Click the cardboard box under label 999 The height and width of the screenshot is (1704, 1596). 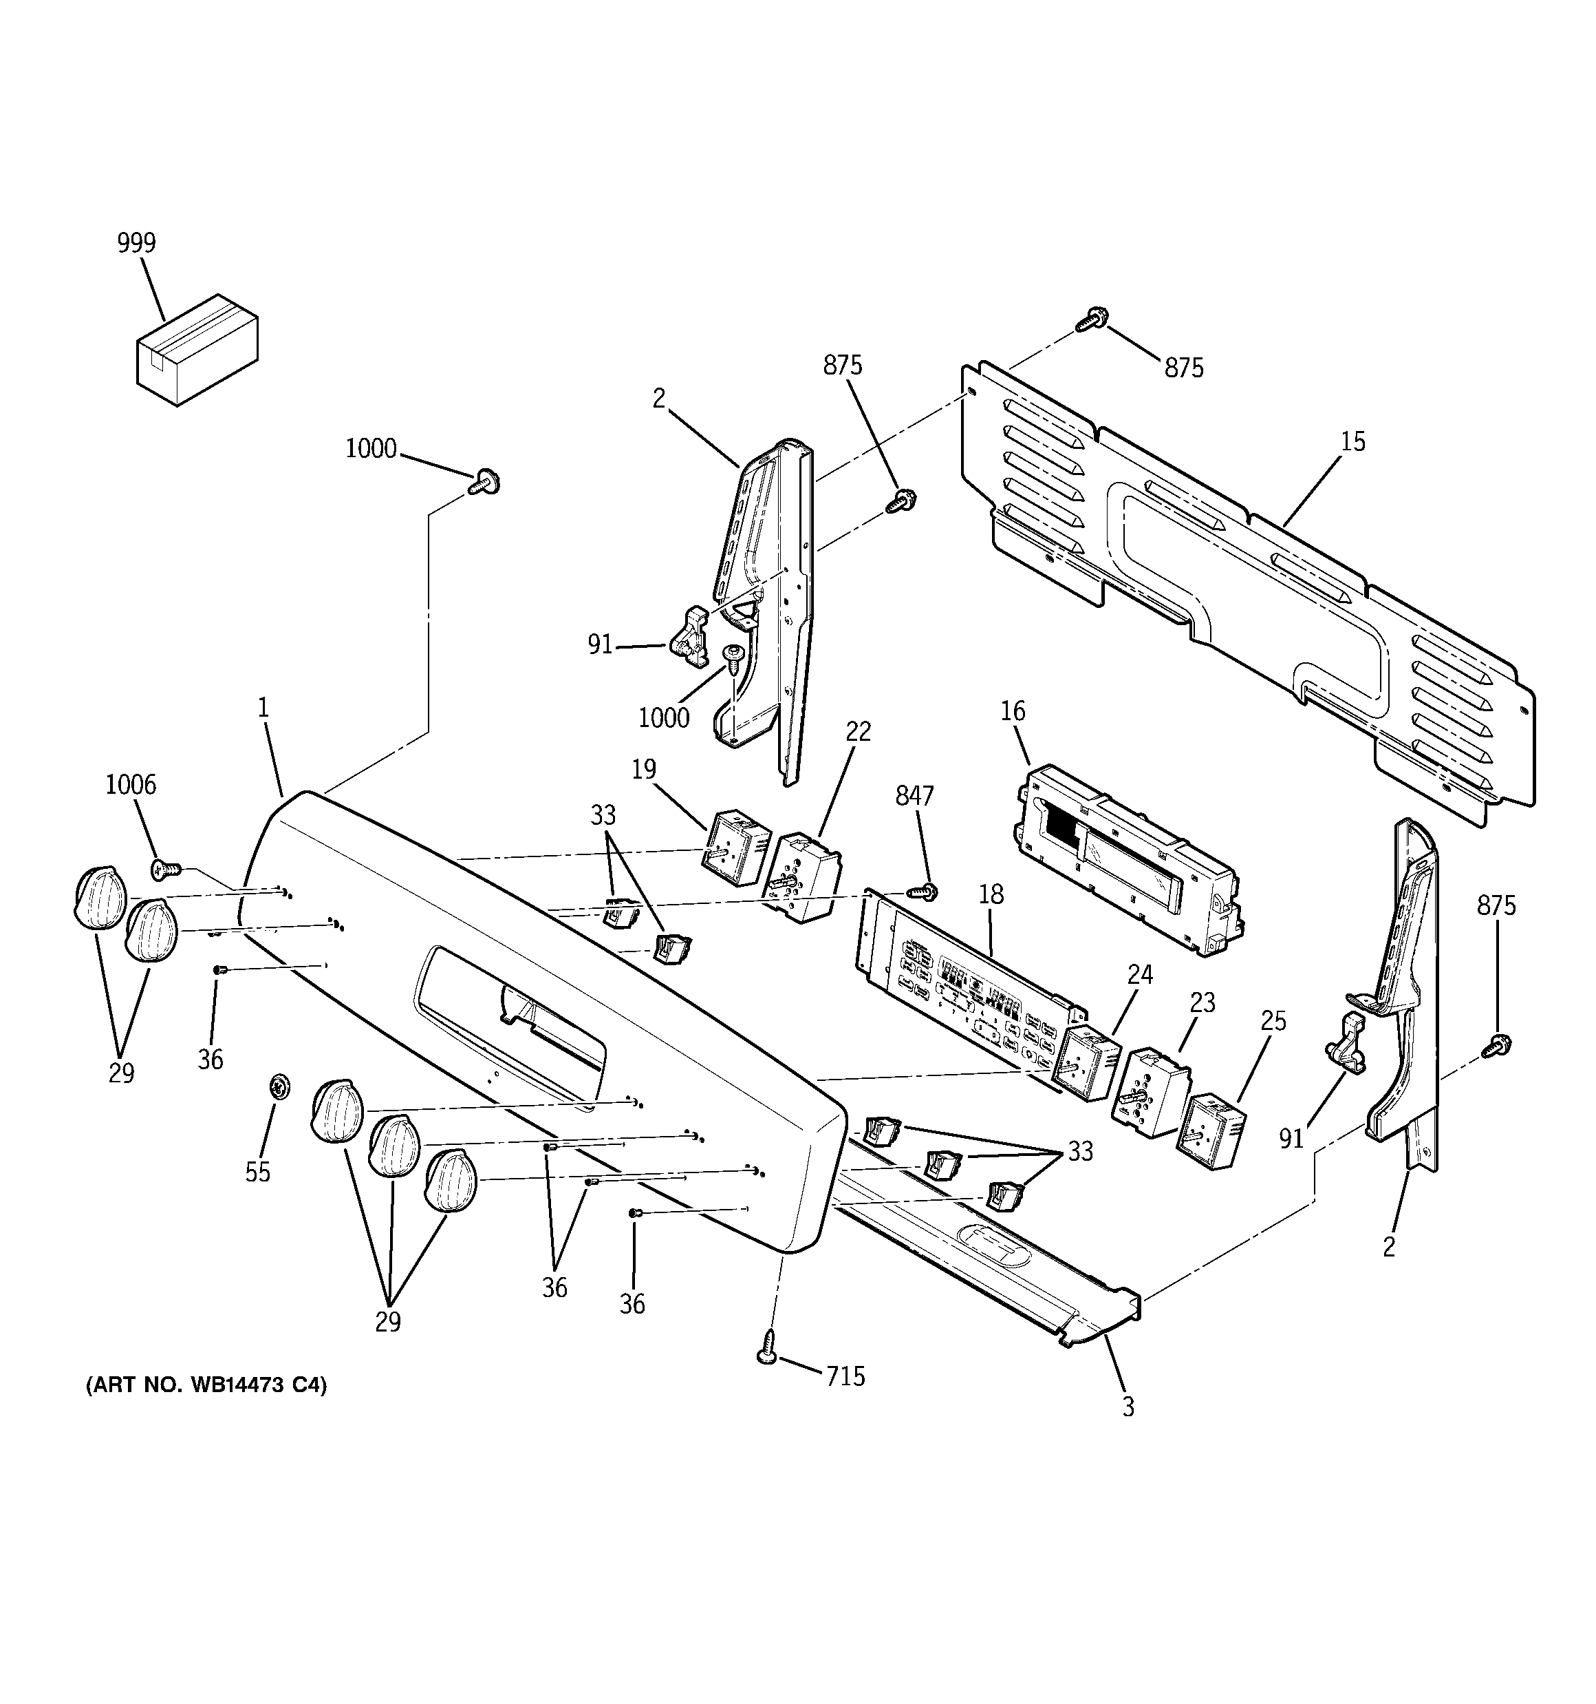[197, 350]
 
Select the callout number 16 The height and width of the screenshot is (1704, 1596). [1013, 711]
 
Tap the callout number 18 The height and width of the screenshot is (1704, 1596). [991, 894]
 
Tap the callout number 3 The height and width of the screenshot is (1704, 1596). [1128, 1407]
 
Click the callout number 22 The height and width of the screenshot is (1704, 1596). [859, 731]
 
